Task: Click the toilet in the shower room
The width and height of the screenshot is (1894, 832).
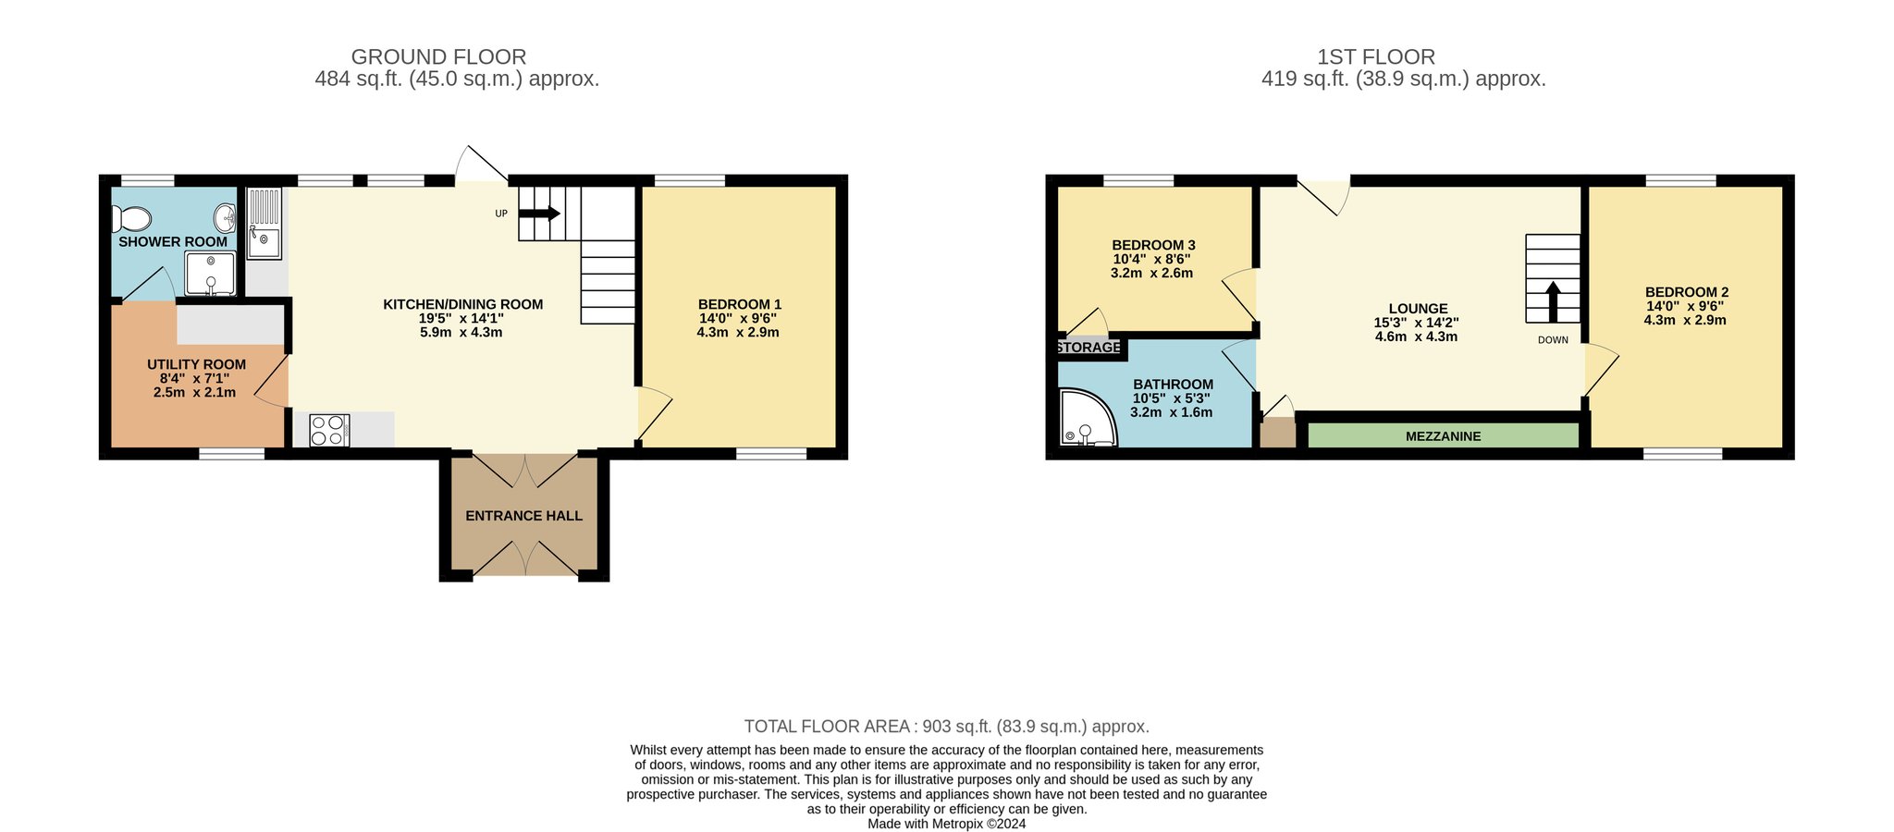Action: [x=131, y=219]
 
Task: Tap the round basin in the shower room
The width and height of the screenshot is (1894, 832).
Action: [x=225, y=219]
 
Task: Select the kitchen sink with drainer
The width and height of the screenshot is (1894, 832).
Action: [x=264, y=224]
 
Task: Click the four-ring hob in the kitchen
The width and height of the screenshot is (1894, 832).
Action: [x=329, y=431]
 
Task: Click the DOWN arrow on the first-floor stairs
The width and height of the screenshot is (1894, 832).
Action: [x=1553, y=301]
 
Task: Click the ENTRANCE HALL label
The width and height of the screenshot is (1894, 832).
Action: [x=524, y=516]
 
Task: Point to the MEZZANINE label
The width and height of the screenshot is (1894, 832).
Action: [x=1443, y=436]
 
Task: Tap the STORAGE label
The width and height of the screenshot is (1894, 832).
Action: [x=1088, y=348]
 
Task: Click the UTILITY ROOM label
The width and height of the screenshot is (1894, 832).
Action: [x=197, y=364]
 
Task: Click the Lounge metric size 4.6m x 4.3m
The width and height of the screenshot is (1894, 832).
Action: [x=1416, y=336]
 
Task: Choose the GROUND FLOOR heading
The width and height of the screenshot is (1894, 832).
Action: [x=438, y=57]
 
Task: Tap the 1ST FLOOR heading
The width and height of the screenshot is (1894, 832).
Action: [x=1376, y=57]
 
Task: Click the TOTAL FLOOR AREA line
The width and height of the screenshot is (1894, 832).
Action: [x=947, y=727]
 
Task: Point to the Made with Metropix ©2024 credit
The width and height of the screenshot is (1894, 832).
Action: [x=947, y=824]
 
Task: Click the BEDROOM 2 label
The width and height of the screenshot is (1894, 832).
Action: [x=1687, y=292]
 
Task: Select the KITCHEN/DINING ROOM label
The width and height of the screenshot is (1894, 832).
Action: [x=463, y=304]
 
